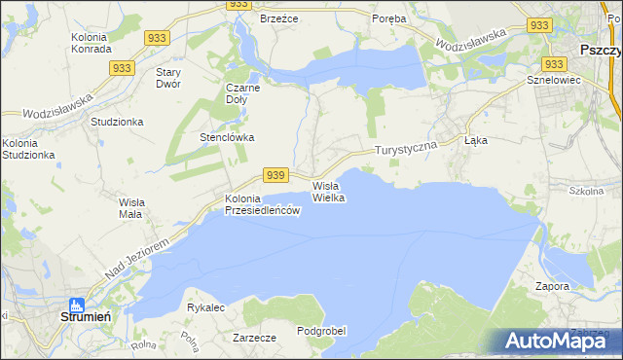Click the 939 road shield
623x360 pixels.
pos(275,174)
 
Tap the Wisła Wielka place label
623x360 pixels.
pos(328,191)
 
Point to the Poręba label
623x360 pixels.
pos(390,18)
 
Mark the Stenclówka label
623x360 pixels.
pos(227,137)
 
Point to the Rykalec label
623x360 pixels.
pos(206,307)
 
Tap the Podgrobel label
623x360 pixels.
pos(321,331)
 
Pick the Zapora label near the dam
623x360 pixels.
pos(552,287)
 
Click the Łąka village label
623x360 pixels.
pos(476,140)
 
